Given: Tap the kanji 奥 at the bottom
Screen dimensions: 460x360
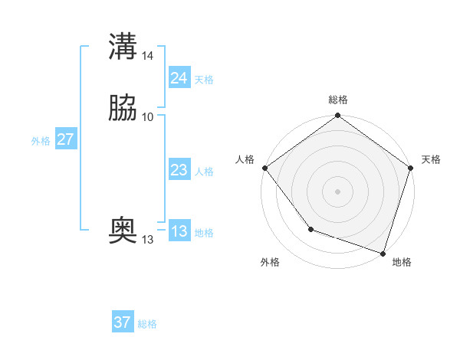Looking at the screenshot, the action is point(123,230).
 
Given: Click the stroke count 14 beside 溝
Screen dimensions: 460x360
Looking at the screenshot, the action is point(148,56).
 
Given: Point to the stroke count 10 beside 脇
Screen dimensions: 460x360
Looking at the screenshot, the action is point(148,117).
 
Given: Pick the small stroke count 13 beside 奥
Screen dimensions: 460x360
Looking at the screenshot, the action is point(147,240).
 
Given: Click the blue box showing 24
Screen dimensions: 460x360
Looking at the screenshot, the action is point(179,78).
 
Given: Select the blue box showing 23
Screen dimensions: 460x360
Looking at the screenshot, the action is point(179,170).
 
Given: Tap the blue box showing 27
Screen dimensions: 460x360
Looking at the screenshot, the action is point(65,139).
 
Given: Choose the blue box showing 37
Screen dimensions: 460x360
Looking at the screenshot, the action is point(123,322).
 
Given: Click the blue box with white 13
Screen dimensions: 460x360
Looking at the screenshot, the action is point(179,231).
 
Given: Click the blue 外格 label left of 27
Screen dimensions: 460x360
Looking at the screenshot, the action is point(41,141).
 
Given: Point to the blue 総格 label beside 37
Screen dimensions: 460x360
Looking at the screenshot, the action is point(147,324).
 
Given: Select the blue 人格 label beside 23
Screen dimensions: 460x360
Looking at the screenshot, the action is point(204,172).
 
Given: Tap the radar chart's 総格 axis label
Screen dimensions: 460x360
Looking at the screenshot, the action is point(338,100).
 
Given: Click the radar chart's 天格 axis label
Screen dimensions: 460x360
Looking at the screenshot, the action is point(431,159).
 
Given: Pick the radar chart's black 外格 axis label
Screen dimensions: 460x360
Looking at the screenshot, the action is point(270,262).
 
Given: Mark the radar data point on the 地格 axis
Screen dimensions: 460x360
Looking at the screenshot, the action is point(383,252).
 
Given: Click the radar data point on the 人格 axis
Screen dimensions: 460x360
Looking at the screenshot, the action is point(264,168).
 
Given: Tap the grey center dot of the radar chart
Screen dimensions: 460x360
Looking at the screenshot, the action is point(338,191).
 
